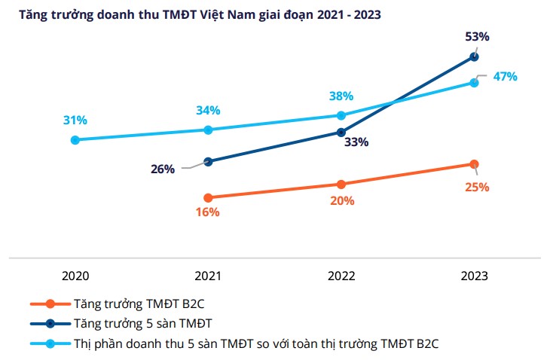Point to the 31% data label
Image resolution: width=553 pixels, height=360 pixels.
[75, 120]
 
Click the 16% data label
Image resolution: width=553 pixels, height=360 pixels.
[208, 212]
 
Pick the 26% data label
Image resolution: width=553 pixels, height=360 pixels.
[163, 169]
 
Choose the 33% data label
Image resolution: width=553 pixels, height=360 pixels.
[356, 142]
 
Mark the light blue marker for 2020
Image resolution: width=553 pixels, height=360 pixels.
[75, 140]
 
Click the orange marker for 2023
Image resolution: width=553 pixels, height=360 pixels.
[474, 164]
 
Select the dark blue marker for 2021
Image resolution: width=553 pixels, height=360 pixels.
[208, 162]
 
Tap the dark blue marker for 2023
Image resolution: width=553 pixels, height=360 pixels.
[474, 56]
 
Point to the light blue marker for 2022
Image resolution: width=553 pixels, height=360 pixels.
[341, 115]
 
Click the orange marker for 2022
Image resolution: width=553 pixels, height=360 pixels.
[341, 184]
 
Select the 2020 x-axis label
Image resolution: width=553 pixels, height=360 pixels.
[75, 276]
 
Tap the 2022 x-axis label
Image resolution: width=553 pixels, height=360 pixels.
[341, 276]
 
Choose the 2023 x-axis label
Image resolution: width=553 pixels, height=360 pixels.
[474, 276]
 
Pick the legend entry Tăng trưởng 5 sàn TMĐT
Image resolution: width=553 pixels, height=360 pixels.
[138, 324]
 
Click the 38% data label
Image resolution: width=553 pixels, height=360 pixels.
[341, 96]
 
